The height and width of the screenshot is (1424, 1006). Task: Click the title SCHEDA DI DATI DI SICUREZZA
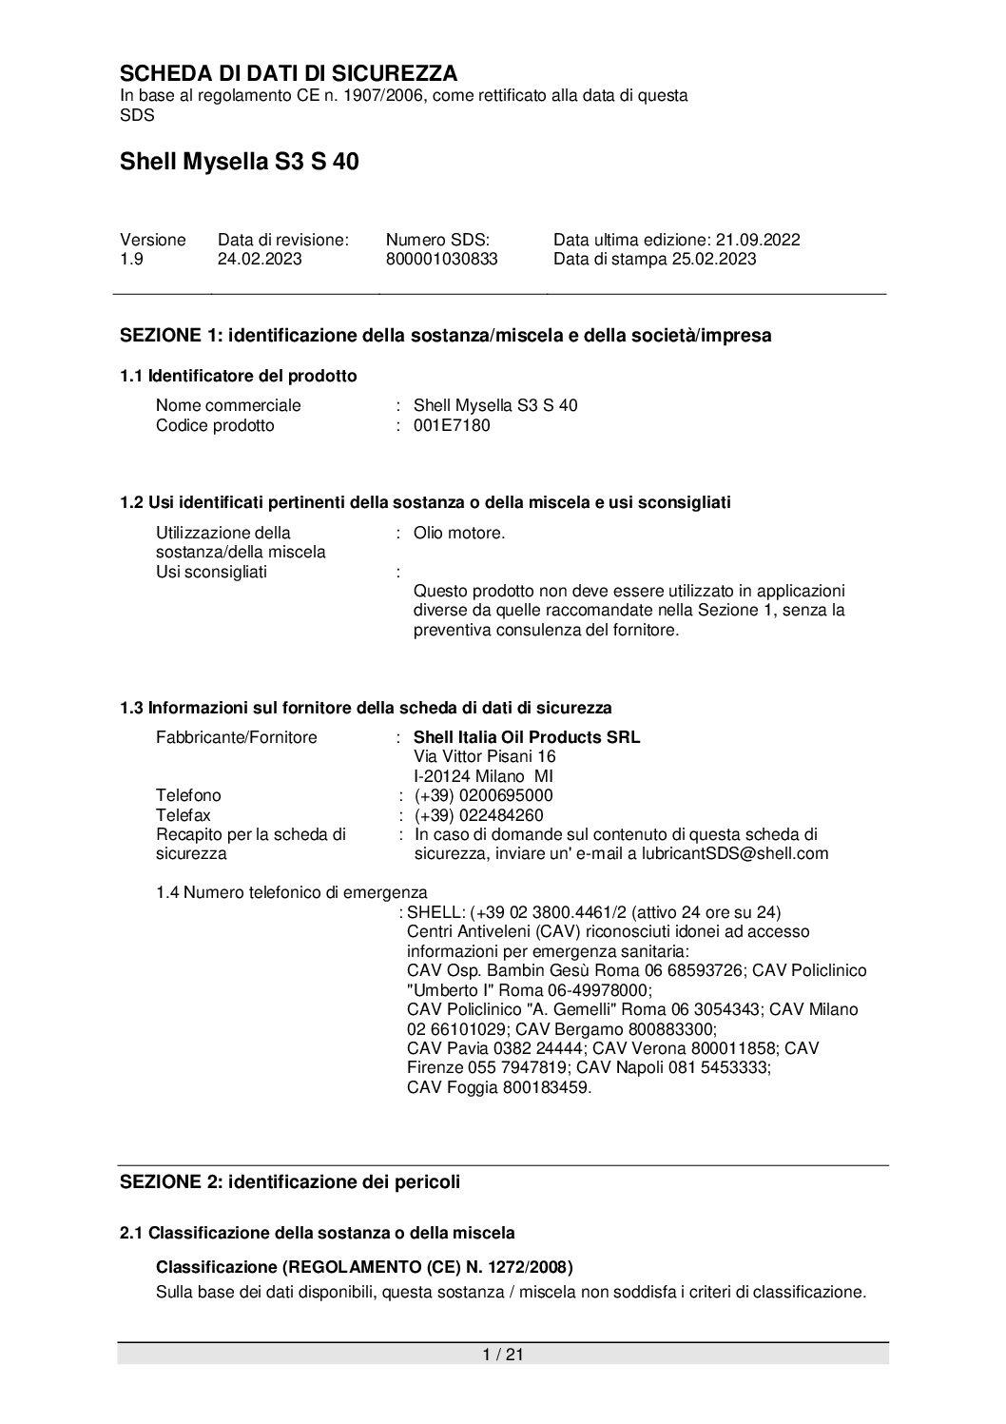(x=288, y=73)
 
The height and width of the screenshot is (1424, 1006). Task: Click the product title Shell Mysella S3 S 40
(x=239, y=163)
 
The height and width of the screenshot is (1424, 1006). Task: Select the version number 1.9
(x=131, y=259)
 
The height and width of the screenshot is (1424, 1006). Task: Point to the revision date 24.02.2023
(x=260, y=259)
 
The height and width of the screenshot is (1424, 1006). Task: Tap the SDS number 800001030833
(x=441, y=259)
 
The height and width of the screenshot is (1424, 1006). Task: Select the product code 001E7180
(x=452, y=425)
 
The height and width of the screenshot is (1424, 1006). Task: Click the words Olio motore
(x=459, y=533)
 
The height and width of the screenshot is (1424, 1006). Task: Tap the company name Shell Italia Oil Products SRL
(x=527, y=737)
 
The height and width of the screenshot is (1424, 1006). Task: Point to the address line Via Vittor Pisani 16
(x=485, y=756)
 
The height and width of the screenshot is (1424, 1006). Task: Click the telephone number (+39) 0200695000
(x=483, y=795)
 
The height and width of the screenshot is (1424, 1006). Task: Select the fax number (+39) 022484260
(x=478, y=815)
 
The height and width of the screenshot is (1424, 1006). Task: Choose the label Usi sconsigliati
(x=211, y=572)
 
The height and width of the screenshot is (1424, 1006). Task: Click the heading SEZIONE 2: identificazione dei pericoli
(x=290, y=1182)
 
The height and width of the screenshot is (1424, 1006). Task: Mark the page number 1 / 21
(x=503, y=1354)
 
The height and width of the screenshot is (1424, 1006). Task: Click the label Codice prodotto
(x=215, y=425)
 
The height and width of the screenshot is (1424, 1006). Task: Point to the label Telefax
(x=184, y=815)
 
